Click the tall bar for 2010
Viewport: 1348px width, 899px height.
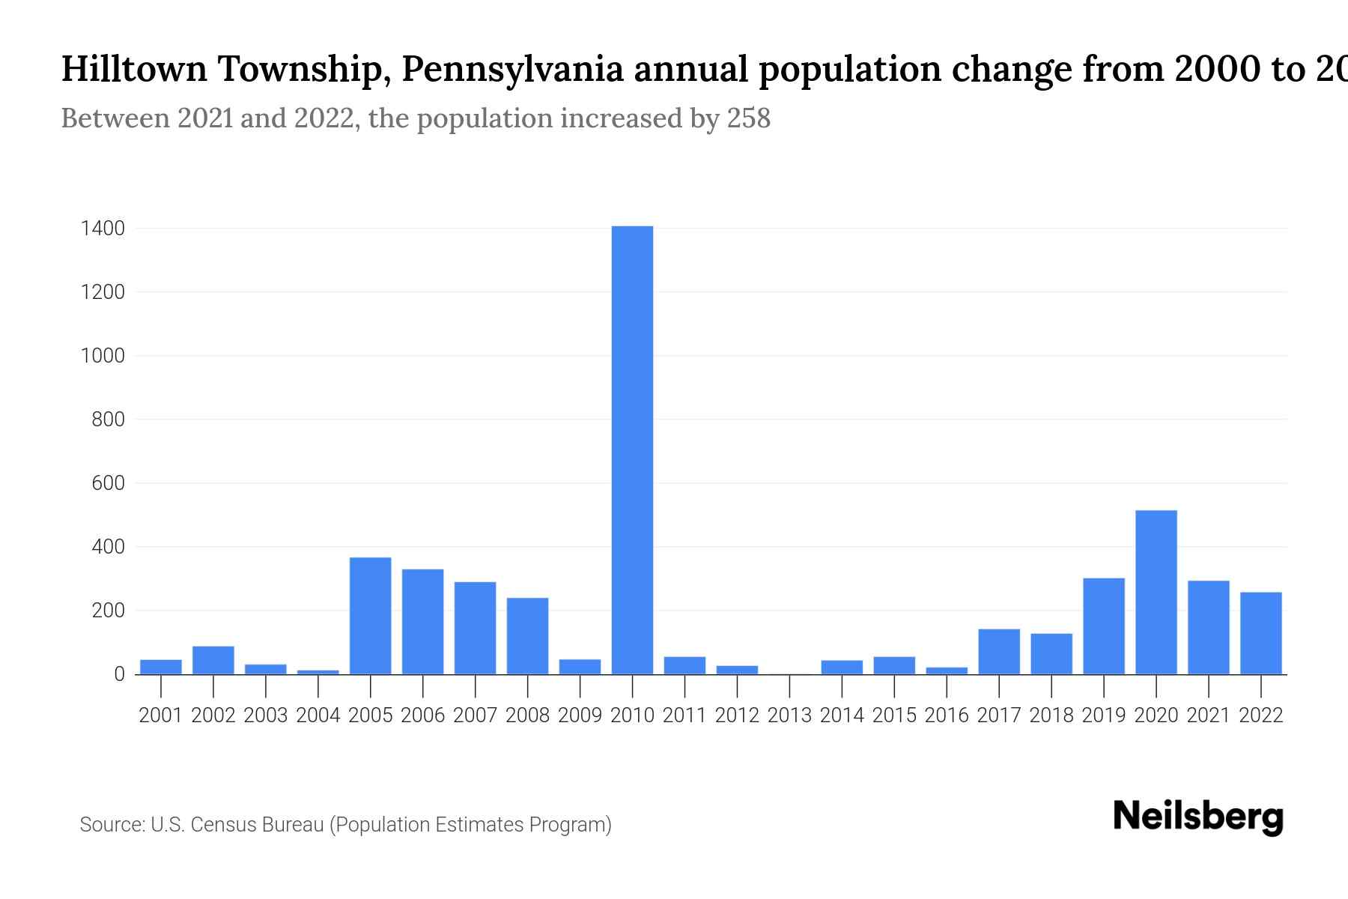click(x=632, y=449)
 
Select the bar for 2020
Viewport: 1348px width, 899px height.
click(x=1156, y=592)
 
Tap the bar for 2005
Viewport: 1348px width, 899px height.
click(x=370, y=616)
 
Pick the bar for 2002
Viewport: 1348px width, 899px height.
click(x=213, y=660)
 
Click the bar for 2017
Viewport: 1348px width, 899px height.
click(x=999, y=652)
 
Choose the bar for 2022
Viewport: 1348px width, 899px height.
click(x=1260, y=633)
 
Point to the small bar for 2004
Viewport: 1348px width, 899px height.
click(x=318, y=672)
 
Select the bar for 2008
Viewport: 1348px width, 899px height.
click(x=527, y=636)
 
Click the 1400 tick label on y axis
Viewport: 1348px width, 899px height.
click(x=103, y=228)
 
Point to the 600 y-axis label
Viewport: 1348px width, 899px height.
click(x=109, y=483)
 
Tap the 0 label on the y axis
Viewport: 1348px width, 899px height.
click(x=119, y=674)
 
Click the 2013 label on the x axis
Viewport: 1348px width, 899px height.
click(x=789, y=715)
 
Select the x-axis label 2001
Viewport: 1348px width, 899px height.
click(x=161, y=715)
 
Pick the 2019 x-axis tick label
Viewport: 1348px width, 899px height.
click(x=1103, y=715)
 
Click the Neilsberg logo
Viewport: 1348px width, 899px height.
click(x=1198, y=817)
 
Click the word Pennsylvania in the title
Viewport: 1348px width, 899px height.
click(x=513, y=70)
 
